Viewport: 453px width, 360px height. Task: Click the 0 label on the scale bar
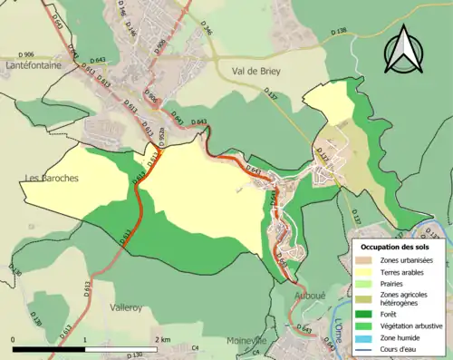14,339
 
